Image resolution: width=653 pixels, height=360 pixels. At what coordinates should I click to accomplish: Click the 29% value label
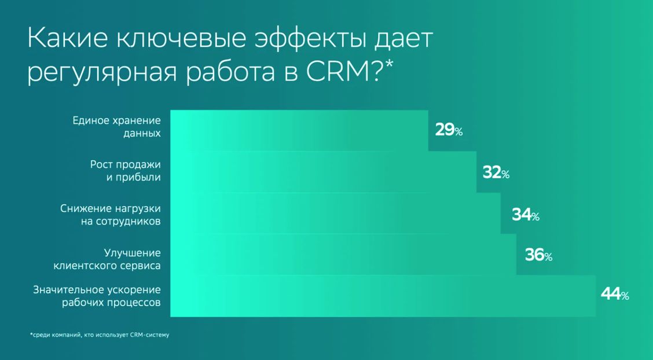pyautogui.click(x=449, y=130)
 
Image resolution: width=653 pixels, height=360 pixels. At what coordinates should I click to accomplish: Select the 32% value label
pyautogui.click(x=496, y=172)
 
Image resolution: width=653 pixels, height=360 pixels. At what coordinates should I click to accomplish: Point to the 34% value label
pyautogui.click(x=526, y=215)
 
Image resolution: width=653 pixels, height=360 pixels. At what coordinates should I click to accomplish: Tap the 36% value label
pyautogui.click(x=538, y=255)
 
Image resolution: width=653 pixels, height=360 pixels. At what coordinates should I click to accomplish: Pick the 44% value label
pyautogui.click(x=615, y=294)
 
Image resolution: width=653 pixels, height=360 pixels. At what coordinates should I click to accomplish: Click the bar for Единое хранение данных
pyautogui.click(x=299, y=130)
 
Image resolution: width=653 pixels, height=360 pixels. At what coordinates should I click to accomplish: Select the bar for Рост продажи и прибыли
pyautogui.click(x=323, y=172)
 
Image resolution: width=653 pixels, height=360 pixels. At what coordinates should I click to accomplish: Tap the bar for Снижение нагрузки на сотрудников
pyautogui.click(x=335, y=214)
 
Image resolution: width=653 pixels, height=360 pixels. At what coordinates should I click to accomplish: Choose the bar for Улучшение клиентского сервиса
pyautogui.click(x=343, y=255)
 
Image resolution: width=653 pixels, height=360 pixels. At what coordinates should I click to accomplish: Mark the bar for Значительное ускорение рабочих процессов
pyautogui.click(x=383, y=296)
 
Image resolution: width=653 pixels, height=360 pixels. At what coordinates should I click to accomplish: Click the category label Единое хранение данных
pyautogui.click(x=116, y=127)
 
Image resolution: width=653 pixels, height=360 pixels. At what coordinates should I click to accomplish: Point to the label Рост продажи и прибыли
pyautogui.click(x=125, y=170)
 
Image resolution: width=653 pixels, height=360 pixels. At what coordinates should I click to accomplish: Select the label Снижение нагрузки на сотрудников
pyautogui.click(x=111, y=214)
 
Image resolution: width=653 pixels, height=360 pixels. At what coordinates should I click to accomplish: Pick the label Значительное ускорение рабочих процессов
pyautogui.click(x=97, y=296)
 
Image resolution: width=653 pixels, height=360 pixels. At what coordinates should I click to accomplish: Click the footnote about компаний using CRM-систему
pyautogui.click(x=99, y=335)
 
